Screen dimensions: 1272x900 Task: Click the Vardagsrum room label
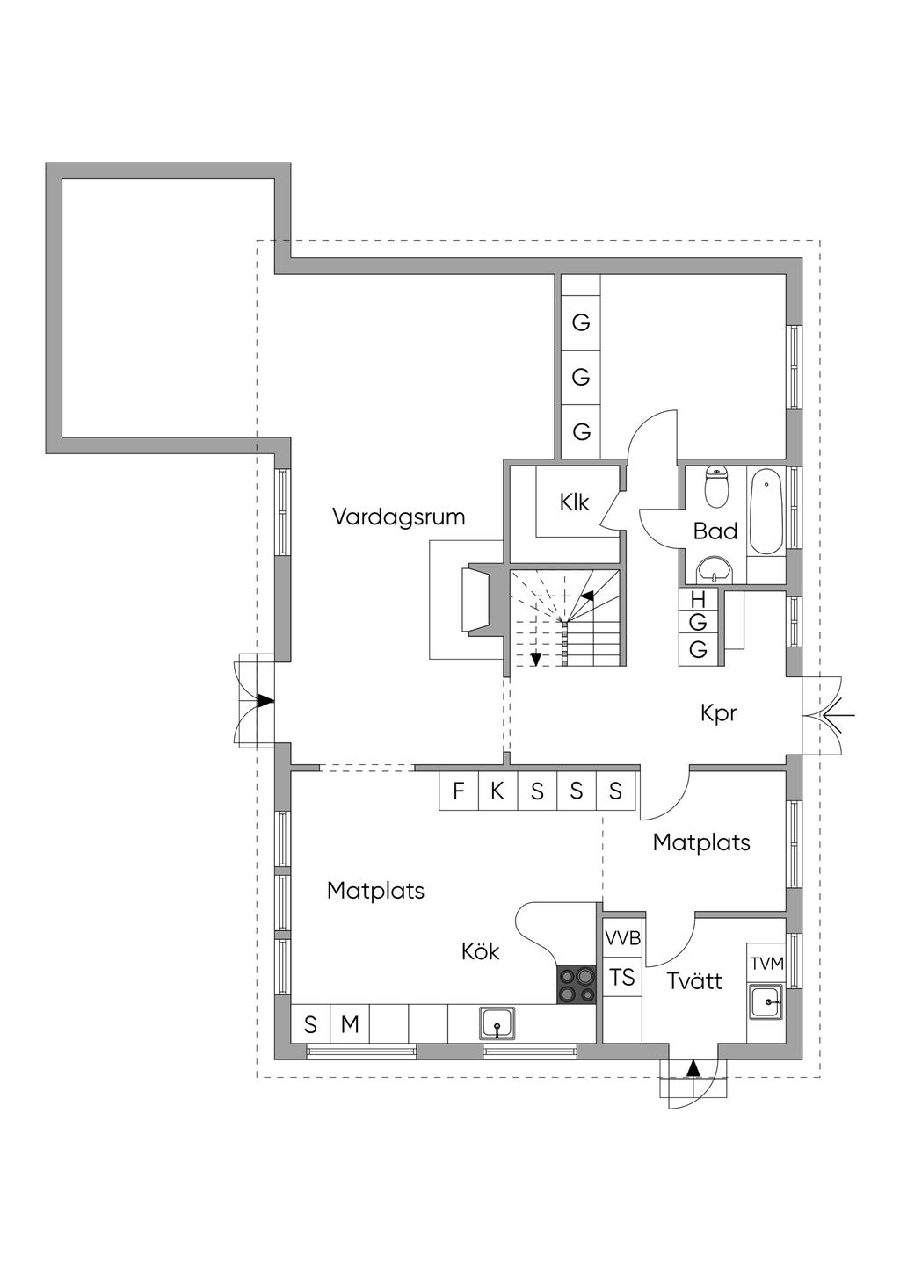[398, 517]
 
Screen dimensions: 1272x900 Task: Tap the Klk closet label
[574, 502]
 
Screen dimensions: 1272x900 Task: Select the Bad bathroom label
[715, 531]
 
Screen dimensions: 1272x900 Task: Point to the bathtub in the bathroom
[766, 512]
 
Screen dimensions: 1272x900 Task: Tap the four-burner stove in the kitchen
[576, 984]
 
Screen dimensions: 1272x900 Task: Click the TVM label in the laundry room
[766, 964]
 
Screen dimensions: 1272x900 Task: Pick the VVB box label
[622, 938]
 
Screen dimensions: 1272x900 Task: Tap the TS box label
[622, 977]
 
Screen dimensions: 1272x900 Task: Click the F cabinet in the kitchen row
[459, 791]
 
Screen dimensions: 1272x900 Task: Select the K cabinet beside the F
[497, 791]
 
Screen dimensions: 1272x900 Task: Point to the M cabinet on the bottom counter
[350, 1024]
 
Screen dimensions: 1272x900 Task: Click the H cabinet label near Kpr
[699, 600]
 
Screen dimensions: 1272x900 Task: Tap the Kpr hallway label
[718, 713]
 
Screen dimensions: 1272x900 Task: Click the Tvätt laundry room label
[694, 980]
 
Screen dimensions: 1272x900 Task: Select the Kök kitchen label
[481, 950]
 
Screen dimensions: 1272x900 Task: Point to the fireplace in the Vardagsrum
[480, 599]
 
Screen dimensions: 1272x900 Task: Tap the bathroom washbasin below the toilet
[717, 571]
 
